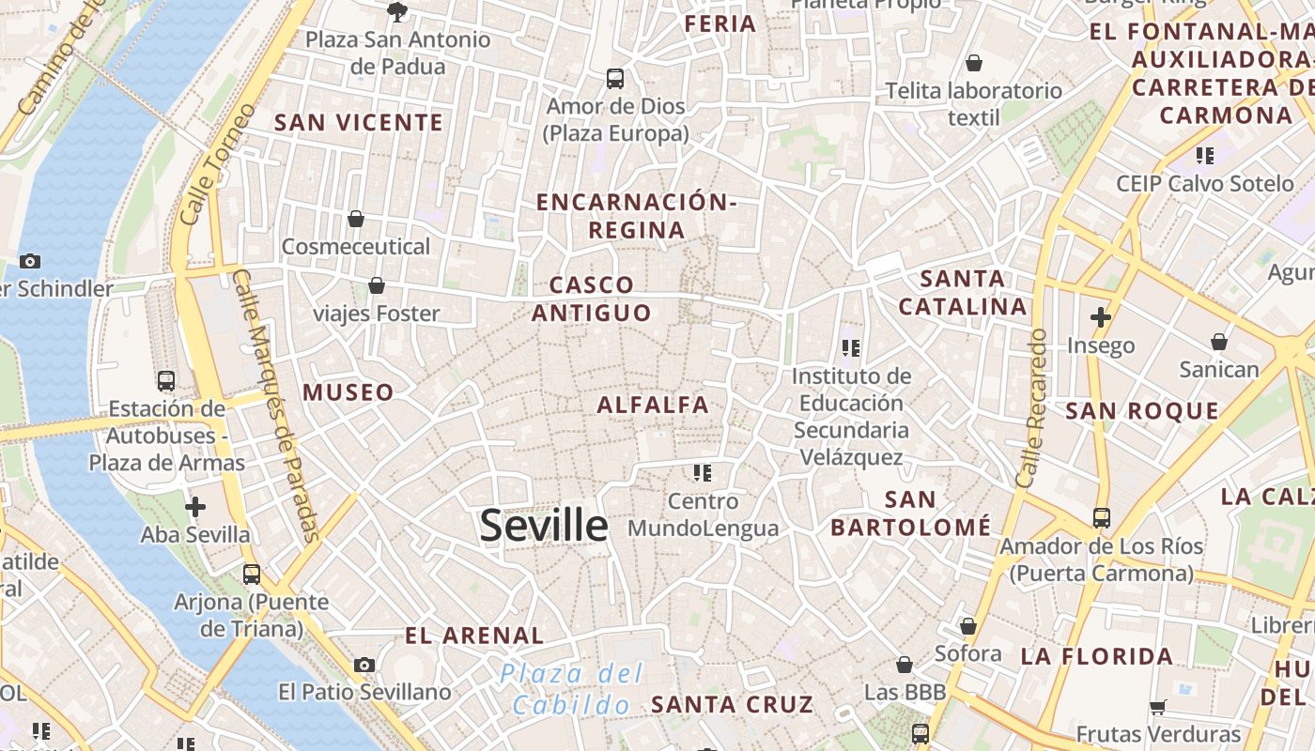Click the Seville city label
point(544,525)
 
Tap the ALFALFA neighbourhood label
point(653,405)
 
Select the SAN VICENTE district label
point(358,122)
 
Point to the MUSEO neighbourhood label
point(348,392)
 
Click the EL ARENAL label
point(474,636)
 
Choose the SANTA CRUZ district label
point(732,703)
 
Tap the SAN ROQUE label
point(1142,410)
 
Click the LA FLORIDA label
point(1097,656)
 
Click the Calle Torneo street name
point(217,164)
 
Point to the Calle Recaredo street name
point(1031,408)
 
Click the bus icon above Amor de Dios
point(615,78)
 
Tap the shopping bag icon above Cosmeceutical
point(356,219)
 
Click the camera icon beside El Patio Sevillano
point(364,665)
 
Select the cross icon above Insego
point(1101,317)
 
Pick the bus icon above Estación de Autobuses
point(166,380)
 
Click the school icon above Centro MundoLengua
point(703,472)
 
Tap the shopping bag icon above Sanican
point(1219,341)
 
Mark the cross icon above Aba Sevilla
point(195,507)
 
